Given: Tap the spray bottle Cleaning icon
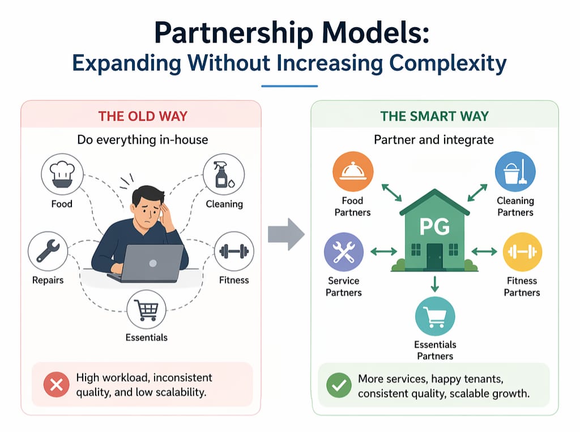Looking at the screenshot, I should (x=223, y=174).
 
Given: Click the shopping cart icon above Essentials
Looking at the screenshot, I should (x=147, y=310).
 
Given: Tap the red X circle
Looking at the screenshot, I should (x=56, y=386).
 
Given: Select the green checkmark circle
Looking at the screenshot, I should (x=339, y=386).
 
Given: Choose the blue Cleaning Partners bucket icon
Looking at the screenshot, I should (x=515, y=172).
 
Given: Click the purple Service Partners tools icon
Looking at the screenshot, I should (x=344, y=251).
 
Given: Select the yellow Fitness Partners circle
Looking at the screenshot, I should (x=522, y=251).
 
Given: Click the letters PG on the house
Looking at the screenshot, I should (x=434, y=227).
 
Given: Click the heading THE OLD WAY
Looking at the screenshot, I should (x=143, y=116).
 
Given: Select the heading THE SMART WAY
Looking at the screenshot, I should (x=435, y=116).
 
